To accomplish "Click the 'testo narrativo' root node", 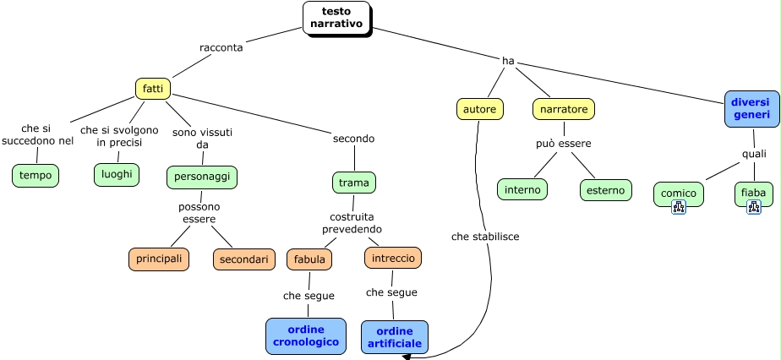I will pyautogui.click(x=336, y=18).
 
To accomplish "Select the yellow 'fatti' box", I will pyautogui.click(x=153, y=89).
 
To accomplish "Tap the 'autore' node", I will pyautogui.click(x=480, y=109).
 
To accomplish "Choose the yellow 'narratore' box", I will pyautogui.click(x=564, y=109).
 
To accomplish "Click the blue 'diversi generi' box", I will pyautogui.click(x=751, y=108).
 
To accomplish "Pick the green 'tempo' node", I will pyautogui.click(x=35, y=175).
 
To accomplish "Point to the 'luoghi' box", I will pyautogui.click(x=117, y=174).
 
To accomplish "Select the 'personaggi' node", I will pyautogui.click(x=202, y=177).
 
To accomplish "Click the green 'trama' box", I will pyautogui.click(x=354, y=182).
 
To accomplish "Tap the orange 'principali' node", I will pyautogui.click(x=159, y=259).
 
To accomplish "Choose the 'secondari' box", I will pyautogui.click(x=244, y=259).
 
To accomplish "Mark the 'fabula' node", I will pyautogui.click(x=309, y=259).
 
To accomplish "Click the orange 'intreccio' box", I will pyautogui.click(x=393, y=258).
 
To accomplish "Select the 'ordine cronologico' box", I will pyautogui.click(x=306, y=335).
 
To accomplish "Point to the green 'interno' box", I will pyautogui.click(x=522, y=189).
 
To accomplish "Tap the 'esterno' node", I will pyautogui.click(x=606, y=190).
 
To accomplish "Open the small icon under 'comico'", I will pyautogui.click(x=679, y=207).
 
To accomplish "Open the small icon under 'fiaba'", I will pyautogui.click(x=754, y=206).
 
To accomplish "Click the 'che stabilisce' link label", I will pyautogui.click(x=485, y=237).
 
